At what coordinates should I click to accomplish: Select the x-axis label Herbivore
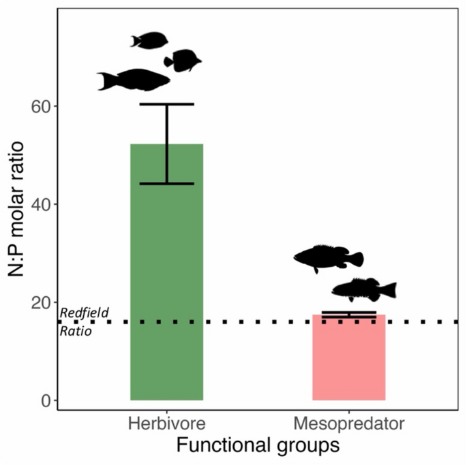point(167,425)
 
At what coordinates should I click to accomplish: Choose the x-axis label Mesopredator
point(348,425)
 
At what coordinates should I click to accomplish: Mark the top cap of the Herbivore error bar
point(167,104)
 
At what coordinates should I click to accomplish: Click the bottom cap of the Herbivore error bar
point(167,184)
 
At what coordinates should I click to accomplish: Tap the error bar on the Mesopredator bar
point(348,315)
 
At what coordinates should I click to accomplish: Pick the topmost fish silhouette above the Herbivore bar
point(149,40)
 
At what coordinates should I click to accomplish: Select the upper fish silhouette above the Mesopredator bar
point(328,257)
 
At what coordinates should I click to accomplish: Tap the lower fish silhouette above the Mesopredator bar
point(363,289)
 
